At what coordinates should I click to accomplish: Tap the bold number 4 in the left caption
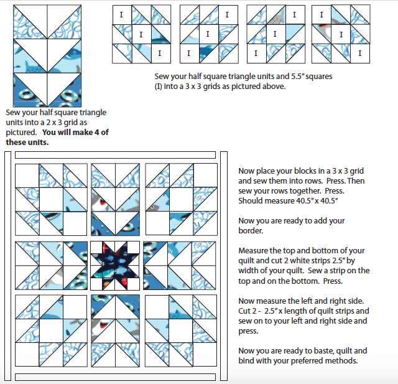coord(97,133)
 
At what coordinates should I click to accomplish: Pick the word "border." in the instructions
coord(251,231)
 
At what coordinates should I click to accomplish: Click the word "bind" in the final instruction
coord(246,360)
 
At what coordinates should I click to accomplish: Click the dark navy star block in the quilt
coord(115,266)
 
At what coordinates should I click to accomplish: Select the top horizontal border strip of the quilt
coord(115,155)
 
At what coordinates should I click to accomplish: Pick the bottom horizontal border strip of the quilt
coord(115,377)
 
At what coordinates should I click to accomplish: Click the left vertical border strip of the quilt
coord(8,266)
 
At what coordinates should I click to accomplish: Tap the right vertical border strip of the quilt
coord(224,266)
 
